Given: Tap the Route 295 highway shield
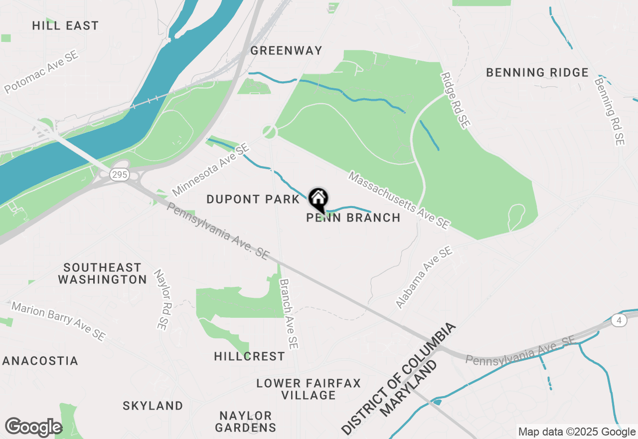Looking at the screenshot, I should click(120, 175).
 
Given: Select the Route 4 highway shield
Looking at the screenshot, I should click(619, 321).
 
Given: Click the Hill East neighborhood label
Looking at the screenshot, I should click(65, 25).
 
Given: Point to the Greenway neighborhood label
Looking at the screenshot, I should click(286, 50).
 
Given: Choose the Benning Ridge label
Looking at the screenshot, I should click(537, 72).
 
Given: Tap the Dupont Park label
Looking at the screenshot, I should click(253, 200).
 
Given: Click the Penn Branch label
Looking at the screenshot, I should click(353, 218).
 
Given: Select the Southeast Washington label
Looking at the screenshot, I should click(102, 273).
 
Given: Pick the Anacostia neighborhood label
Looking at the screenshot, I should click(40, 361).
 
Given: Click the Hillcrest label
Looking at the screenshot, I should click(250, 356).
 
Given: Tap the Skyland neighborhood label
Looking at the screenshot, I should click(153, 406).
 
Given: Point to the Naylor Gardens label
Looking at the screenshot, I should click(246, 422).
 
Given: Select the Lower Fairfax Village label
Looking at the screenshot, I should click(308, 389).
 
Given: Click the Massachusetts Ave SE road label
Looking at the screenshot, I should click(399, 201).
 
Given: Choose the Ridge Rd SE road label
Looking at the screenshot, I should click(455, 100).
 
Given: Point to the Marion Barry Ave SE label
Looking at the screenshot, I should click(58, 321).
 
